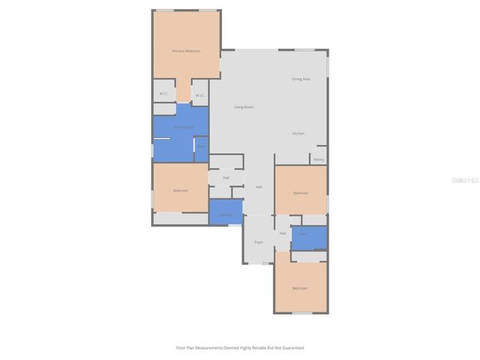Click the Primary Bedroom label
point(186,51)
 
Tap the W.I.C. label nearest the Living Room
point(199,95)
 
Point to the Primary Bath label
point(183,127)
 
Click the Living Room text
point(244,107)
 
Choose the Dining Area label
point(301,79)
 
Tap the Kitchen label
point(298,133)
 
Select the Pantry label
point(319,160)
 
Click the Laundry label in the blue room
point(225,215)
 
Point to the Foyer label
point(259,242)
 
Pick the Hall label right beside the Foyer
point(283,233)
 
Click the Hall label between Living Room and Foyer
point(259,187)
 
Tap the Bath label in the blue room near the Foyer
point(303,235)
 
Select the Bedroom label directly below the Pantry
point(301,193)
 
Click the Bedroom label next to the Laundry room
point(181,190)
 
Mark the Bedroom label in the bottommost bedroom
point(299,288)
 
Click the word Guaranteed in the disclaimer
point(291,348)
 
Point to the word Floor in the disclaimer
point(181,348)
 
